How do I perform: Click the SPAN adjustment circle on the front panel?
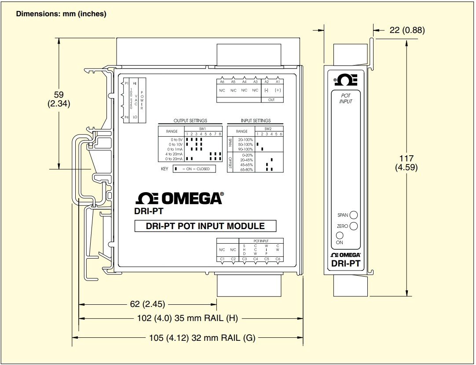coord(353,215)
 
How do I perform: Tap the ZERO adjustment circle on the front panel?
coord(353,226)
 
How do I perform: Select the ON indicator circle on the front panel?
coord(339,235)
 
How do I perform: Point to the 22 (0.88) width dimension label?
coord(407,30)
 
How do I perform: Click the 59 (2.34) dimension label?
coord(59,99)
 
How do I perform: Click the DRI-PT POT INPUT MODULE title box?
coord(205,226)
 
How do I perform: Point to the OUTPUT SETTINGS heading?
coord(190,120)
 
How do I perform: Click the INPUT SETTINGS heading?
coord(256,120)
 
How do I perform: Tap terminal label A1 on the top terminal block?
coord(278,82)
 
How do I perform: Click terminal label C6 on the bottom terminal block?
coord(278,259)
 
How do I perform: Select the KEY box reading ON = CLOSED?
coord(194,169)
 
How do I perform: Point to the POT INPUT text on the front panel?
coord(346,99)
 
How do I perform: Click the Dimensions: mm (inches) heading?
coord(61,14)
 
